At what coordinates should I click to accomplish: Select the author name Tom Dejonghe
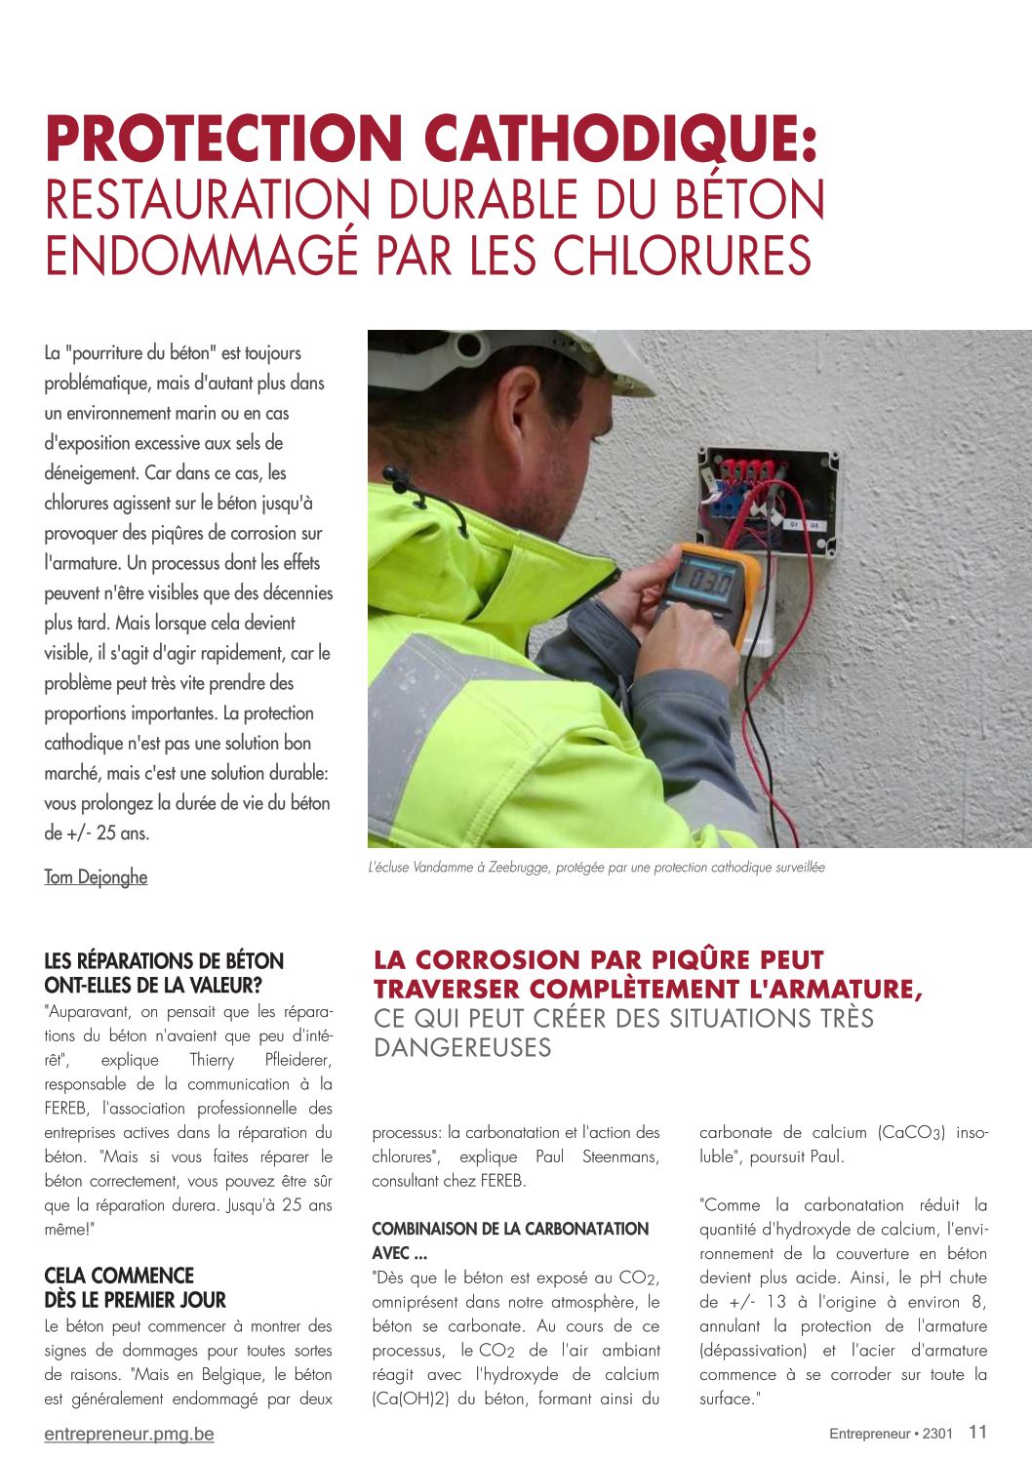pos(96,876)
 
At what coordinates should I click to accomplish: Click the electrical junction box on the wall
pos(767,504)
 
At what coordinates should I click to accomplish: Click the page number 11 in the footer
pos(977,1432)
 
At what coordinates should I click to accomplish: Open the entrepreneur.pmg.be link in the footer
pos(129,1434)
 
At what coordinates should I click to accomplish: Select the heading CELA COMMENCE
pos(119,1276)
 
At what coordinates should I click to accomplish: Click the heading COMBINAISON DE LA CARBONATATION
pos(510,1229)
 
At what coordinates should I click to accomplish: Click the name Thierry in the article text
pos(212,1060)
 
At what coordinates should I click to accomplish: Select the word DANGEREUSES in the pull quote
pos(462,1047)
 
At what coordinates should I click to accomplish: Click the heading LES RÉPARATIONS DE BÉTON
pos(164,961)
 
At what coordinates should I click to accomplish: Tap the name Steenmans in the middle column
pos(620,1156)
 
